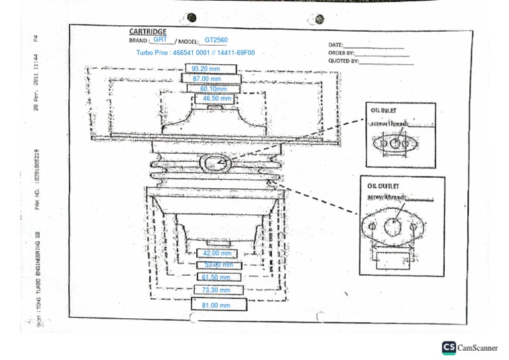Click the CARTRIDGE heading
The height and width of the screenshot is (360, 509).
[x=148, y=32]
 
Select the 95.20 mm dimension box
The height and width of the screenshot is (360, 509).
[x=205, y=68]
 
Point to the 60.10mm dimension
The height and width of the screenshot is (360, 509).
[x=213, y=89]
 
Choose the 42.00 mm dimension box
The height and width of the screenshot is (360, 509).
[x=217, y=253]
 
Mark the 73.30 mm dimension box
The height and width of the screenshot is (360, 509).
[x=216, y=290]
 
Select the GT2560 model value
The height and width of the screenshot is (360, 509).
[x=216, y=40]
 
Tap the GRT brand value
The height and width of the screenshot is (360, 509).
[x=160, y=40]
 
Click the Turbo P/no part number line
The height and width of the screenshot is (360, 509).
[x=195, y=52]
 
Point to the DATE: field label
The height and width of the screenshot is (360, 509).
[x=336, y=44]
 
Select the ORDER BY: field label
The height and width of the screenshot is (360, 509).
[x=341, y=52]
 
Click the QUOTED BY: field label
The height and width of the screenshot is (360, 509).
[x=343, y=60]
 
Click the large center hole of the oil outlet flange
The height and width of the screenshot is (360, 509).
[x=393, y=227]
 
